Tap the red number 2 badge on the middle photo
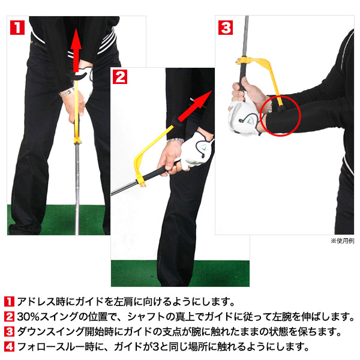pyautogui.click(x=120, y=76)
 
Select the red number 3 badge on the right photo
pyautogui.click(x=225, y=28)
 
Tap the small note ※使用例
pyautogui.click(x=342, y=241)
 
